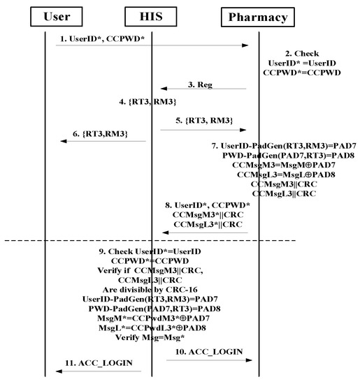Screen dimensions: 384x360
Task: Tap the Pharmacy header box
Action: (x=259, y=16)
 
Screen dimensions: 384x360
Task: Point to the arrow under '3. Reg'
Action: (x=203, y=89)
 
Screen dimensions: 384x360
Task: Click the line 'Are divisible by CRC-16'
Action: (x=151, y=286)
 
